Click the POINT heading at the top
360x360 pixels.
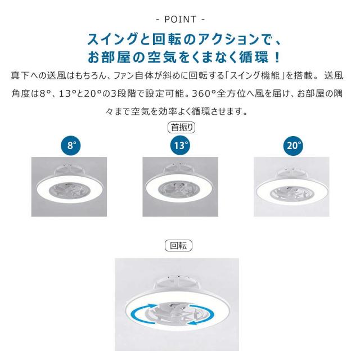pyautogui.click(x=180, y=19)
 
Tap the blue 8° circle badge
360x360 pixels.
pyautogui.click(x=71, y=146)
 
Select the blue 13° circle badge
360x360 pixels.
pyautogui.click(x=180, y=146)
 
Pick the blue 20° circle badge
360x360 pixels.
pyautogui.click(x=293, y=146)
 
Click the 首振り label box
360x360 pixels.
pyautogui.click(x=181, y=128)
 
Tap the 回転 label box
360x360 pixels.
pyautogui.click(x=179, y=246)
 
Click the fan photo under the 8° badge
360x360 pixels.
pyautogui.click(x=69, y=187)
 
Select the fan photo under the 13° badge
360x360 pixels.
pyautogui.click(x=180, y=187)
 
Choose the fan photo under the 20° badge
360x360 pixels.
pyautogui.click(x=291, y=187)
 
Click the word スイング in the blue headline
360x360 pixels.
pyautogui.click(x=112, y=39)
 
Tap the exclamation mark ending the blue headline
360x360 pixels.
pyautogui.click(x=277, y=57)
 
